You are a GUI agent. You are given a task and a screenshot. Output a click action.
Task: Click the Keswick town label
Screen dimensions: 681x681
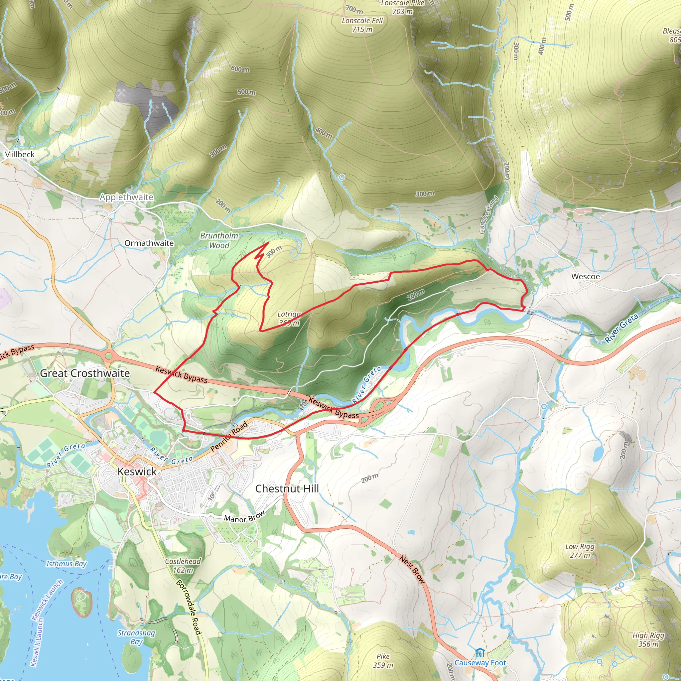coord(137,472)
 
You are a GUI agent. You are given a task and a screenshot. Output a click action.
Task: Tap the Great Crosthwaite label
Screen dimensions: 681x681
coord(85,373)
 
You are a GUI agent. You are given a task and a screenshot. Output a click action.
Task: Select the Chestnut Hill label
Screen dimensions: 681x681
coord(287,488)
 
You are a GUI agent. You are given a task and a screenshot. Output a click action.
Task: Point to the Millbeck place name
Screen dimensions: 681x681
coord(19,154)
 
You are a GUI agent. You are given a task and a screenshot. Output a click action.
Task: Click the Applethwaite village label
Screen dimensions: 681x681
coord(126,197)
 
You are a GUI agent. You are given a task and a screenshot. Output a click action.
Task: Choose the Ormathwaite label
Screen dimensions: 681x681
coord(149,243)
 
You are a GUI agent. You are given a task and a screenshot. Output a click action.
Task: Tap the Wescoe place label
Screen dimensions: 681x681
coord(586,276)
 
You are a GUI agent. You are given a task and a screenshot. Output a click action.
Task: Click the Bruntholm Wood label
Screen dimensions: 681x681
coord(219,240)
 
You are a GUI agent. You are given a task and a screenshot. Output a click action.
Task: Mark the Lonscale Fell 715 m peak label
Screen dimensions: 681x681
coord(362,25)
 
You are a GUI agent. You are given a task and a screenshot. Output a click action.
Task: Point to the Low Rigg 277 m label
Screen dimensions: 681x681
coord(580,551)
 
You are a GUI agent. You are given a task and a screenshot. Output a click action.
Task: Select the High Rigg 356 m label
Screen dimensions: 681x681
coord(648,640)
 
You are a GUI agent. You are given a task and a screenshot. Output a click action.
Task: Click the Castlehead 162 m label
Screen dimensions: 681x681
coord(183,565)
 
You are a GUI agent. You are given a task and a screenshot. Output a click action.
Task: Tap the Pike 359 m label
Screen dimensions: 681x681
coord(383,661)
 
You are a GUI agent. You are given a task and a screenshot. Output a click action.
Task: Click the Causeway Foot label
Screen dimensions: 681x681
coord(480,663)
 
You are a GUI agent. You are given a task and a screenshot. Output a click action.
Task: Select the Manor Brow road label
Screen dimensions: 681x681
coord(244,517)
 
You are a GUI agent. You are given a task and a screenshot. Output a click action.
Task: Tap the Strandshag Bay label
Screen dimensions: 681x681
coord(136,637)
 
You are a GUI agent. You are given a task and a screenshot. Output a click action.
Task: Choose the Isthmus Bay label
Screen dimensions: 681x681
coord(66,564)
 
